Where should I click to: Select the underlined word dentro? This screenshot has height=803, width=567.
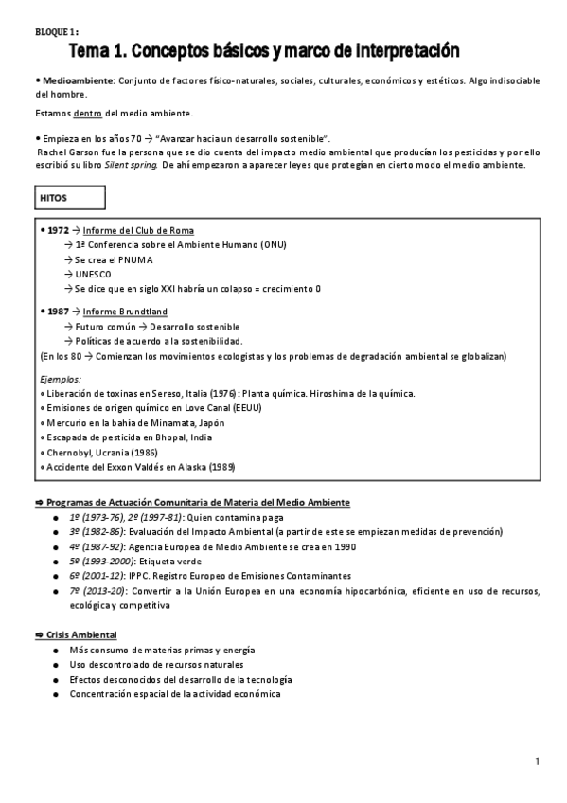click(88, 114)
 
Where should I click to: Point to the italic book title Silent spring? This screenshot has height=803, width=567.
click(129, 167)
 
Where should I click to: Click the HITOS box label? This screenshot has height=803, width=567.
click(53, 198)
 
